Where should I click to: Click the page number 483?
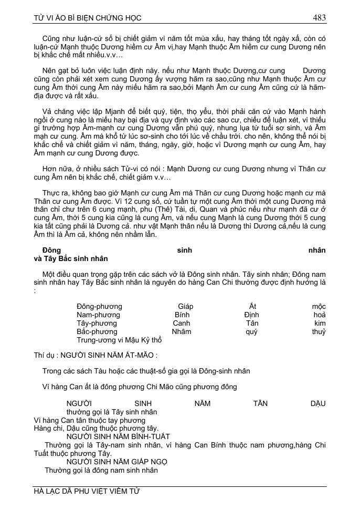[x=319, y=18]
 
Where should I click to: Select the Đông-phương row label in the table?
[x=99, y=306]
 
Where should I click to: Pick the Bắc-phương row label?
[x=97, y=331]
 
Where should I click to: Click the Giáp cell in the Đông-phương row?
[x=186, y=306]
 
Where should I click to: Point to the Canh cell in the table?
[x=182, y=323]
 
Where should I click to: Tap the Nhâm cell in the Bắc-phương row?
[x=182, y=331]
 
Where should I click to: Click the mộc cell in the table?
[x=319, y=306]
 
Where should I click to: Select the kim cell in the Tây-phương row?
[x=320, y=323]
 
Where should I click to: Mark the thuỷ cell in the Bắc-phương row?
[x=319, y=331]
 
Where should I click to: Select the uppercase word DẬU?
[x=318, y=403]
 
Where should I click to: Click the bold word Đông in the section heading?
[x=51, y=250]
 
